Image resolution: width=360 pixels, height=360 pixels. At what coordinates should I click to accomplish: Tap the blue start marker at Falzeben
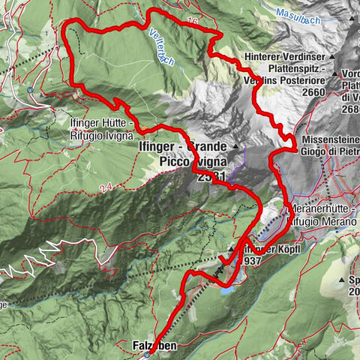(x=148, y=355)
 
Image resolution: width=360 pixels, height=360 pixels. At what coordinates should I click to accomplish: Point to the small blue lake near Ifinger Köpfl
(x=226, y=286)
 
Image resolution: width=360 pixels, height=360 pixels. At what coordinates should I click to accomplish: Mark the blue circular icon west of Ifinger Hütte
(x=29, y=89)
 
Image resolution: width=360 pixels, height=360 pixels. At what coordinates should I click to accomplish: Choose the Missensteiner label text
(x=330, y=139)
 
